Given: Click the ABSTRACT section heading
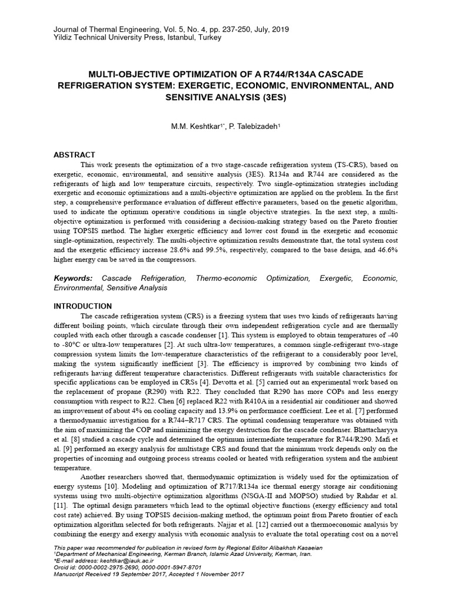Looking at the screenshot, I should tap(74, 154).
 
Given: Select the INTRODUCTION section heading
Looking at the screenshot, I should tap(82, 306).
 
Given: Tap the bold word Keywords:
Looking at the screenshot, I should tap(72, 277).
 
